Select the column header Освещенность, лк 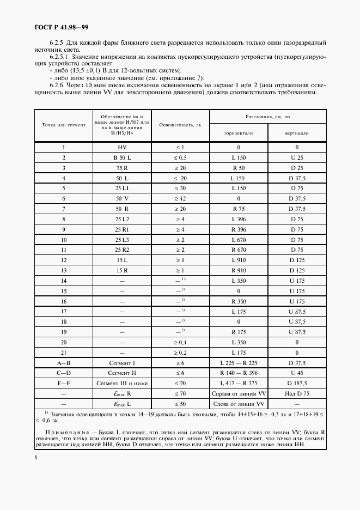tap(180, 125)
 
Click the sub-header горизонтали tap(239, 133)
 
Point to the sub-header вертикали tap(297, 133)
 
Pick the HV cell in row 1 tap(122, 148)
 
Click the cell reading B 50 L tap(122, 157)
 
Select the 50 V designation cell tap(122, 198)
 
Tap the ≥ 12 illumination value tap(180, 198)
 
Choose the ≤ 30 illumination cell tap(180, 188)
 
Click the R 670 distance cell tap(239, 250)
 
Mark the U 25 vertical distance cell tap(297, 157)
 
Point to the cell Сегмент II tap(122, 373)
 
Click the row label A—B tap(64, 362)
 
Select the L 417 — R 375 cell tap(239, 383)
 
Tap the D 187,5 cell tap(297, 383)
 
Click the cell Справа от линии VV tap(239, 393)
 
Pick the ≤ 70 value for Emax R tap(180, 393)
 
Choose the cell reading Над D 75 tap(297, 393)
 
